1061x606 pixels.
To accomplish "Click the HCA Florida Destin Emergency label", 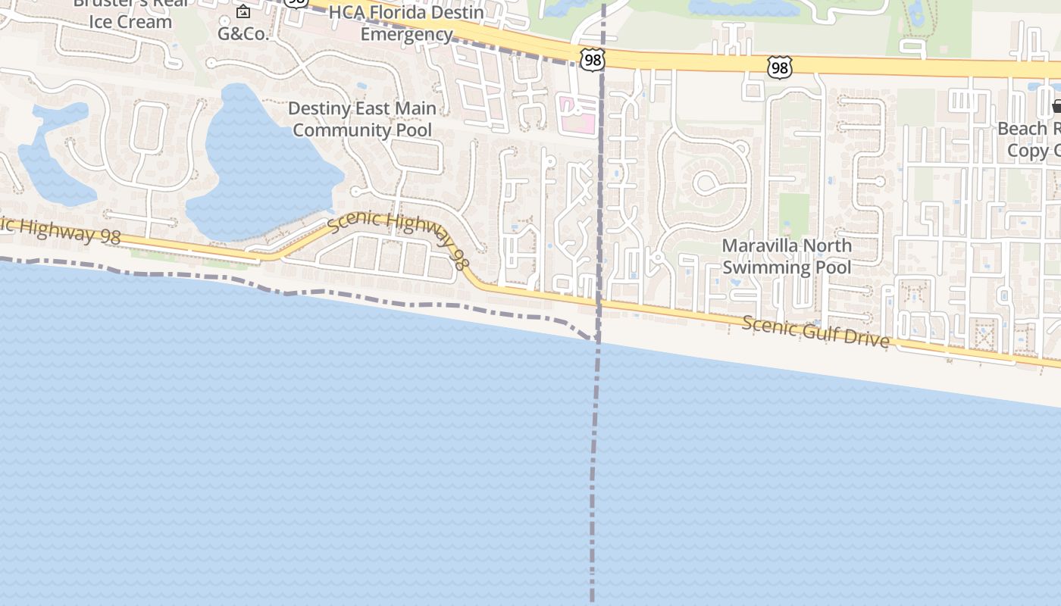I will point(406,23).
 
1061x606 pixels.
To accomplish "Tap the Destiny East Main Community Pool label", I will point(362,119).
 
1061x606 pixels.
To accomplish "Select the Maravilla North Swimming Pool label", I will point(787,256).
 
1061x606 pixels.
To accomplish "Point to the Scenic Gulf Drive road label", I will point(815,331).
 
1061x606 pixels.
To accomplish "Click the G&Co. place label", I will point(243,33).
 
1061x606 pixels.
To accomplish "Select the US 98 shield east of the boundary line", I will point(779,67).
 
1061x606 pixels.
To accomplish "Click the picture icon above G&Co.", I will point(243,11).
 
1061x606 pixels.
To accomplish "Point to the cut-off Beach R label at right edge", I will point(1028,139).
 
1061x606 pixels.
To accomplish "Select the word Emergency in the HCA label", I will point(406,34).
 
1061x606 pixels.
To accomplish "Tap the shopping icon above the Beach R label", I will point(1056,107).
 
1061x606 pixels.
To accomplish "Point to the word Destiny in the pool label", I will point(319,108).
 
